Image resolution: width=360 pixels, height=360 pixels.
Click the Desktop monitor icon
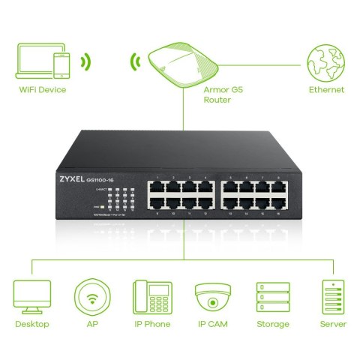tap(32, 298)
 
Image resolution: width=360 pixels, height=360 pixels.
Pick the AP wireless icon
tap(92, 298)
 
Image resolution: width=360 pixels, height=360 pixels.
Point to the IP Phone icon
tap(152, 298)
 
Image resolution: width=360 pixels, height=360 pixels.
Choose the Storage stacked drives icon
tap(272, 298)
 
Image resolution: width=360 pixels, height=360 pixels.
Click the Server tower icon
tap(331, 298)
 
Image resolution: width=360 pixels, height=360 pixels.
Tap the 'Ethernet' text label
tap(326, 90)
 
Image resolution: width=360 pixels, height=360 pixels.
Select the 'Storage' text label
tap(272, 324)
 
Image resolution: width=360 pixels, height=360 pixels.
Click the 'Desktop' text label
tap(32, 324)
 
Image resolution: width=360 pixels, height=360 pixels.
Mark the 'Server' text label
tap(331, 324)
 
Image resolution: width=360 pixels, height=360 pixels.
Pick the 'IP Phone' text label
tap(152, 324)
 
